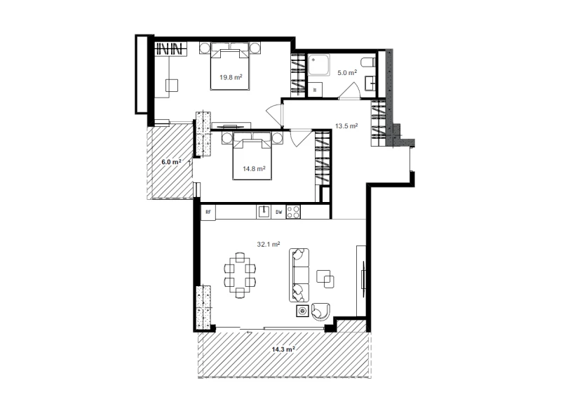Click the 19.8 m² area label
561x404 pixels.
pos(231,77)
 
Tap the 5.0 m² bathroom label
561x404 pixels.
pos(347,73)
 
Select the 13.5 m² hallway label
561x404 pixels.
pos(346,126)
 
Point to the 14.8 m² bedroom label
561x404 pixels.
pos(254,168)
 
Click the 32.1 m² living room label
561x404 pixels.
pos(269,244)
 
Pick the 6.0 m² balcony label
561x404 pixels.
pos(171,162)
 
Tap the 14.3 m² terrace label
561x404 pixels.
pos(283,349)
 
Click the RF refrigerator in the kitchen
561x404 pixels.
pos(208,212)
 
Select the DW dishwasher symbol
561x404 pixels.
pos(278,212)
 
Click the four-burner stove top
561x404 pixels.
pos(293,212)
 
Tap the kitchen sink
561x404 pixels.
pos(264,212)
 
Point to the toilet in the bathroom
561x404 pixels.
pos(367,62)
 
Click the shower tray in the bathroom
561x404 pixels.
pos(319,65)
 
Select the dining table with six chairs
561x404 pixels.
pos(240,275)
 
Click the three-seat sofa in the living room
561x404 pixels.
pos(299,275)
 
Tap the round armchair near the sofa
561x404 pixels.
pos(320,311)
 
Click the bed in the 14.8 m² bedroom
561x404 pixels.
pos(252,156)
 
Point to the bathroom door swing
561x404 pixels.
pos(349,90)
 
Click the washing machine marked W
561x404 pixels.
pos(315,90)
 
